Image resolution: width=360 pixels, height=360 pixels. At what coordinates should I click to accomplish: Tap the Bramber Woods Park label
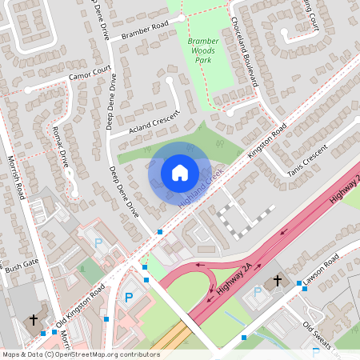[x=198, y=50]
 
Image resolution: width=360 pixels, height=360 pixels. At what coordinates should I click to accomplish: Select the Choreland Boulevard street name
[x=244, y=52]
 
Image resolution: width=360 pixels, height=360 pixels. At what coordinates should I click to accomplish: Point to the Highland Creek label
[x=201, y=190]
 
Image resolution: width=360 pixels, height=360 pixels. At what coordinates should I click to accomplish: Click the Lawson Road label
[x=321, y=267]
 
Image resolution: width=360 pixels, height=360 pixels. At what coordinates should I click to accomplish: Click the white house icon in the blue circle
[x=180, y=173]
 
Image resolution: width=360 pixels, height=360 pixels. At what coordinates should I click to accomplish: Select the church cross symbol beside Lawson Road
[x=278, y=281]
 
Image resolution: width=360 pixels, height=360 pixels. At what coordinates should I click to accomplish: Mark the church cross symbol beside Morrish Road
[x=34, y=320]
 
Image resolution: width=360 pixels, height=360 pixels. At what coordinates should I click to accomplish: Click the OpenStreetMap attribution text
[x=81, y=354]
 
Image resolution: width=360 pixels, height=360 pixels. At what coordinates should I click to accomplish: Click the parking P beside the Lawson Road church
[x=258, y=293]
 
